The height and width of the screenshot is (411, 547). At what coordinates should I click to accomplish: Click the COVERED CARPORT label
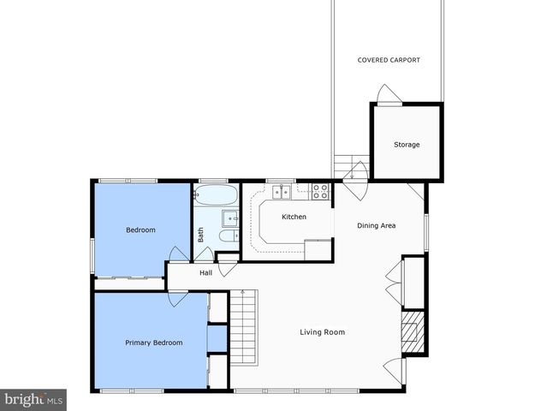(389, 60)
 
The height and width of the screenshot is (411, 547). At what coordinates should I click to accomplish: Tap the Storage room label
(407, 145)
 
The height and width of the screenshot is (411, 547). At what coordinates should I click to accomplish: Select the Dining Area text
(376, 226)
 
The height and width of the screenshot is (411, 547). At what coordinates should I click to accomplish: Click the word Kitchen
(294, 217)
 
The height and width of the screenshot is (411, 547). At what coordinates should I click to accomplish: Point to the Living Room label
(322, 332)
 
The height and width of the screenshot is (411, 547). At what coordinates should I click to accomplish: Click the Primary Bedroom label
(153, 342)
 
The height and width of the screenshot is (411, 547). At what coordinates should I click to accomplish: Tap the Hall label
(205, 273)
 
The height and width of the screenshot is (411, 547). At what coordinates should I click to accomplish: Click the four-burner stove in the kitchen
(320, 192)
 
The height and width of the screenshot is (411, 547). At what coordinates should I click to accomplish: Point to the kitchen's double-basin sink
(282, 192)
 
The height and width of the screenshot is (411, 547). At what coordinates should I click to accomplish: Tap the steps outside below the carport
(342, 164)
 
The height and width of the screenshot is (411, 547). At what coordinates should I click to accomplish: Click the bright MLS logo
(34, 399)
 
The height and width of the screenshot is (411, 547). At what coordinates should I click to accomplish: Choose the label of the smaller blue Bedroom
(140, 229)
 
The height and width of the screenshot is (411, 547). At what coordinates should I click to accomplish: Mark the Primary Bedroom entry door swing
(177, 299)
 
